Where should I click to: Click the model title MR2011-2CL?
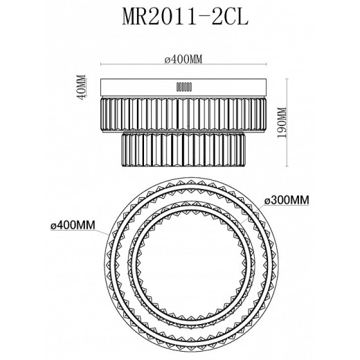tap(185, 17)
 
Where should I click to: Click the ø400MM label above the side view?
tap(183, 60)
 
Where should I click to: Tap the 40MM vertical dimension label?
tap(82, 87)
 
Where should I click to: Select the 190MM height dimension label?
tap(281, 123)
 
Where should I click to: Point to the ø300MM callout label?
tap(287, 200)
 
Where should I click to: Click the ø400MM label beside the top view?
tap(73, 225)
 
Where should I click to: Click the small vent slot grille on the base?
tap(184, 87)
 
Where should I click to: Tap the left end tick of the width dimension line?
tap(101, 64)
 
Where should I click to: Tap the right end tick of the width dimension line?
tap(267, 64)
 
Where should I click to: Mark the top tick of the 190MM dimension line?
tap(287, 78)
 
